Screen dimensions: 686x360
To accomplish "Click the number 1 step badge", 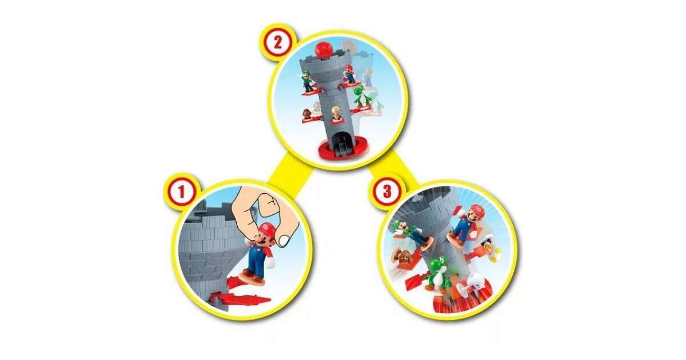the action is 181,193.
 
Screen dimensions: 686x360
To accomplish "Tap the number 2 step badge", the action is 277,43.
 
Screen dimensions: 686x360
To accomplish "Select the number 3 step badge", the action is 388,191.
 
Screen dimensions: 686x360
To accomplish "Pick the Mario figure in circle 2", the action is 349,74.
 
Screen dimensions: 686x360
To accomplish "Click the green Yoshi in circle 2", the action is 361,97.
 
